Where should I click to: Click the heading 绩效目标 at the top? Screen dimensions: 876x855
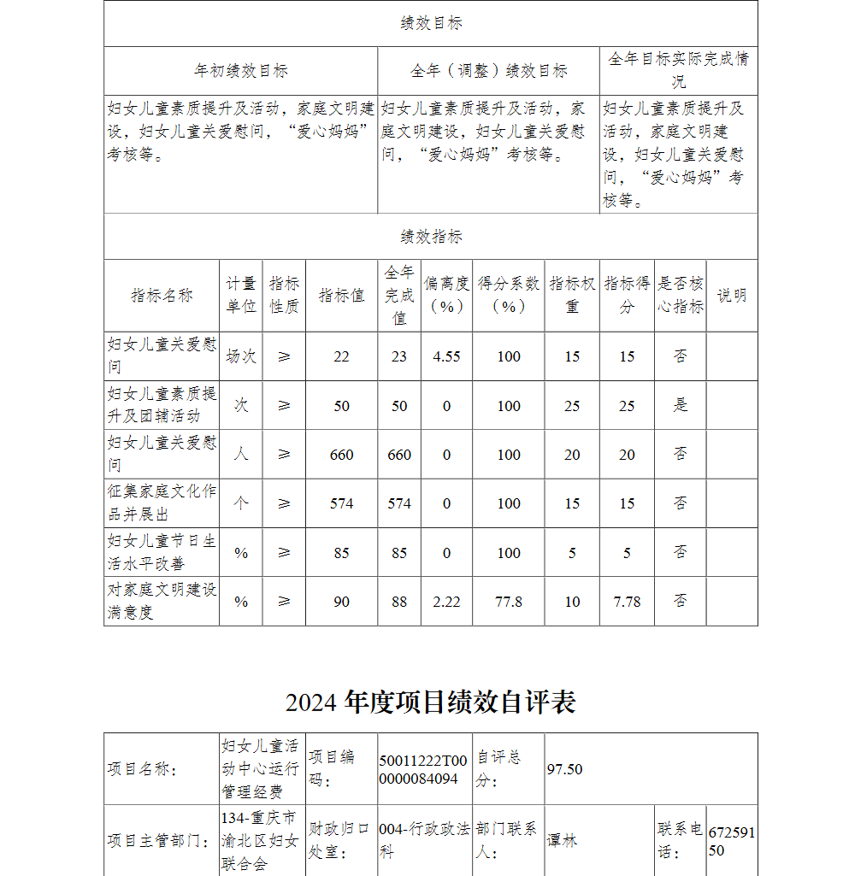[x=431, y=23]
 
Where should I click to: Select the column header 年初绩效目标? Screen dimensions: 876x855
[x=241, y=71]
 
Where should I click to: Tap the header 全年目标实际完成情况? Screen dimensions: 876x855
[x=678, y=70]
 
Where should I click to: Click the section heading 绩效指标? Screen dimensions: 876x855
[x=431, y=237]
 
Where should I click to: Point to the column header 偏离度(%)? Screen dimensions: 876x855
[x=446, y=295]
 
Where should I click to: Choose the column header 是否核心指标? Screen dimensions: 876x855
[x=681, y=295]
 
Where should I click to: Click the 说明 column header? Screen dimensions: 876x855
[x=731, y=296]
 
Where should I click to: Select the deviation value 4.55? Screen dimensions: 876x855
[x=446, y=356]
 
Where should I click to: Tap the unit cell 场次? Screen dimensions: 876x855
[x=241, y=356]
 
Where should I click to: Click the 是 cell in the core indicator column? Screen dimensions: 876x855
[x=681, y=405]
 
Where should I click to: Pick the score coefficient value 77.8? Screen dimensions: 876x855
[x=509, y=602]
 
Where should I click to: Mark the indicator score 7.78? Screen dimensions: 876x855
[x=627, y=602]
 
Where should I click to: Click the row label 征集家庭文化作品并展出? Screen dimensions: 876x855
[x=162, y=503]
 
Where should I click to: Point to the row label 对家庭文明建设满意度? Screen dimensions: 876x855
[x=162, y=601]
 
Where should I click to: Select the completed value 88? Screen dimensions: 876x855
[x=399, y=602]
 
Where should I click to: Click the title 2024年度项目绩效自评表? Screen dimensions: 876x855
[x=431, y=702]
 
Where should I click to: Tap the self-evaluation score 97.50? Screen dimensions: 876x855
[x=564, y=769]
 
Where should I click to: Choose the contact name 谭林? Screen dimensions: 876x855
[x=563, y=840]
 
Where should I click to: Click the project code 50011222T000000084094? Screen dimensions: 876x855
[x=424, y=769]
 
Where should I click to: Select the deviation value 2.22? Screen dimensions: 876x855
[x=446, y=602]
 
